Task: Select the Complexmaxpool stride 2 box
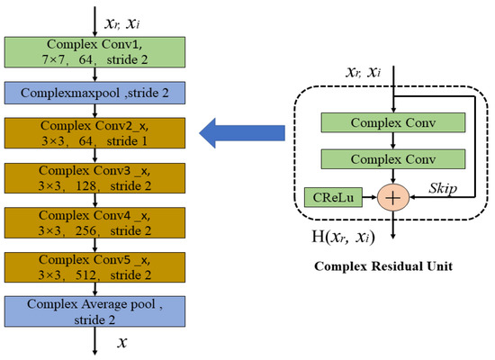94,93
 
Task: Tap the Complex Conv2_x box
94,135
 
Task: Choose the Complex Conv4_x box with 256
94,224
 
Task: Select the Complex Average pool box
94,310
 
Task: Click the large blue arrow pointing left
237,135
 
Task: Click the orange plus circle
391,194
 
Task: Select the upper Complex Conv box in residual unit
391,122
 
